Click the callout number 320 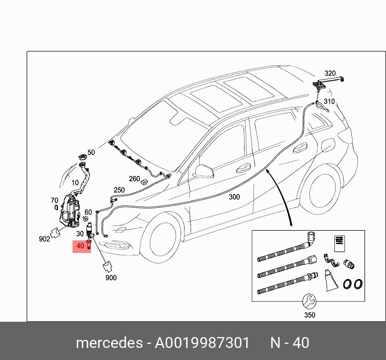click(330, 73)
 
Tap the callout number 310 click(329, 101)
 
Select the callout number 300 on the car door click(234, 197)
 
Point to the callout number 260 click(134, 179)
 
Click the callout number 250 click(119, 190)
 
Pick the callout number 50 click(91, 153)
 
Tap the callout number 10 click(75, 183)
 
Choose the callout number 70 click(54, 200)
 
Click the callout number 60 click(88, 212)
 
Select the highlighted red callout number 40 click(80, 245)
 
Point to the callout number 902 click(44, 239)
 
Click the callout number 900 click(111, 278)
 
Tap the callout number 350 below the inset click(309, 315)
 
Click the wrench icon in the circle click(309, 301)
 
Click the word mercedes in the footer click(109, 343)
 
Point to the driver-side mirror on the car click(204, 170)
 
